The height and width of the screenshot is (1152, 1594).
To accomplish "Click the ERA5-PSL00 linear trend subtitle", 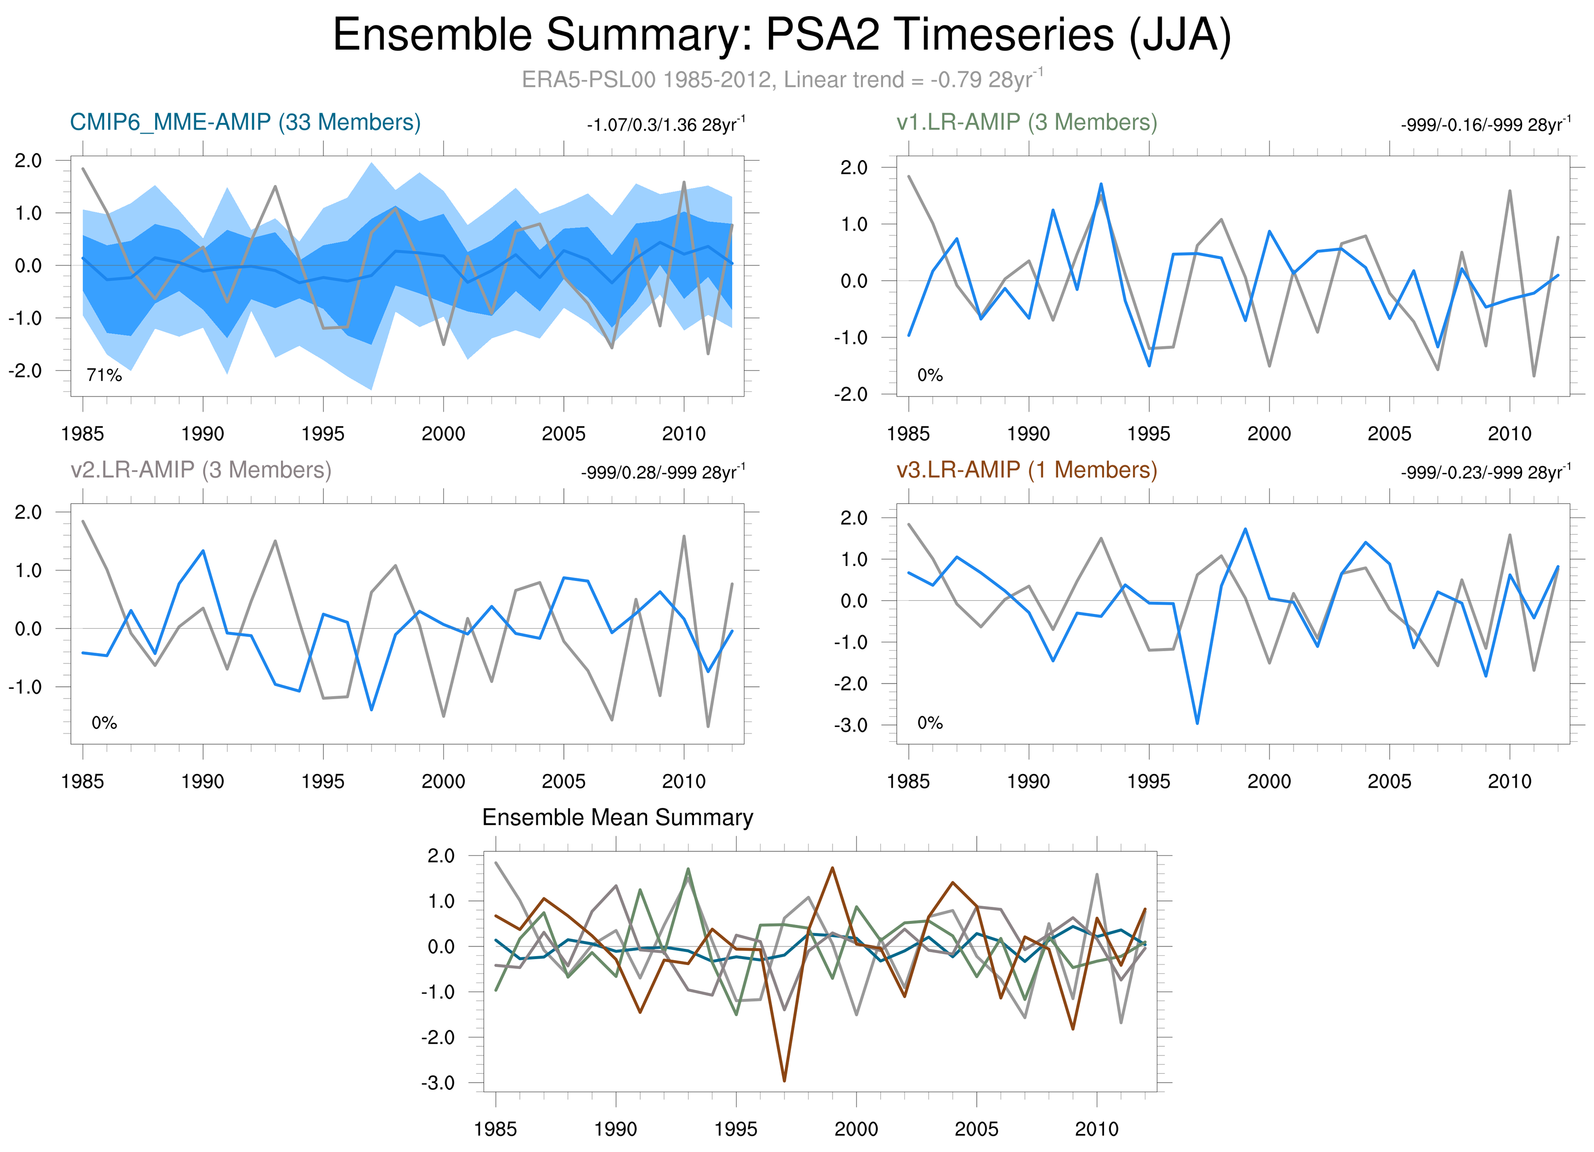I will [782, 79].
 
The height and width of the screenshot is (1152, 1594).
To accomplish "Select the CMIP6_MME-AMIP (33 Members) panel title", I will [245, 122].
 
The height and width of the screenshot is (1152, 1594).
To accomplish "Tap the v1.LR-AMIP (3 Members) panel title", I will [1026, 122].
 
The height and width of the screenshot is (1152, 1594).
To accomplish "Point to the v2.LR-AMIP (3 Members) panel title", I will [201, 470].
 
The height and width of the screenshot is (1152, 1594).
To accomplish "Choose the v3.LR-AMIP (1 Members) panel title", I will [1026, 470].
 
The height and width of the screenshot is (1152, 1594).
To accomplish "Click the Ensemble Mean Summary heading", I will [617, 818].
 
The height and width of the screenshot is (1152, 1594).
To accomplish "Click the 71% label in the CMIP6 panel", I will [104, 376].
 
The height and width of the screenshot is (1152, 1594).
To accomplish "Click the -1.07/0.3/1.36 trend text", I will [666, 125].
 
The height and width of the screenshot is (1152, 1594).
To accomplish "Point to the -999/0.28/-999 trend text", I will [663, 472].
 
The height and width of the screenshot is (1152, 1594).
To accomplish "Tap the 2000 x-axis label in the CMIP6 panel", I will [443, 434].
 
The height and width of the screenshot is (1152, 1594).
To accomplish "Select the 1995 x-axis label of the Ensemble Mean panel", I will [736, 1129].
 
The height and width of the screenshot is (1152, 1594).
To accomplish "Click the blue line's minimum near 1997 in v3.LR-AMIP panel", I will [1197, 723].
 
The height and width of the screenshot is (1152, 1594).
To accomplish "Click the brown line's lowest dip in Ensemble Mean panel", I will [785, 1081].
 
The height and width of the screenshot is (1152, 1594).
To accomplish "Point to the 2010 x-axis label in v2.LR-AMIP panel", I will [684, 781].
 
